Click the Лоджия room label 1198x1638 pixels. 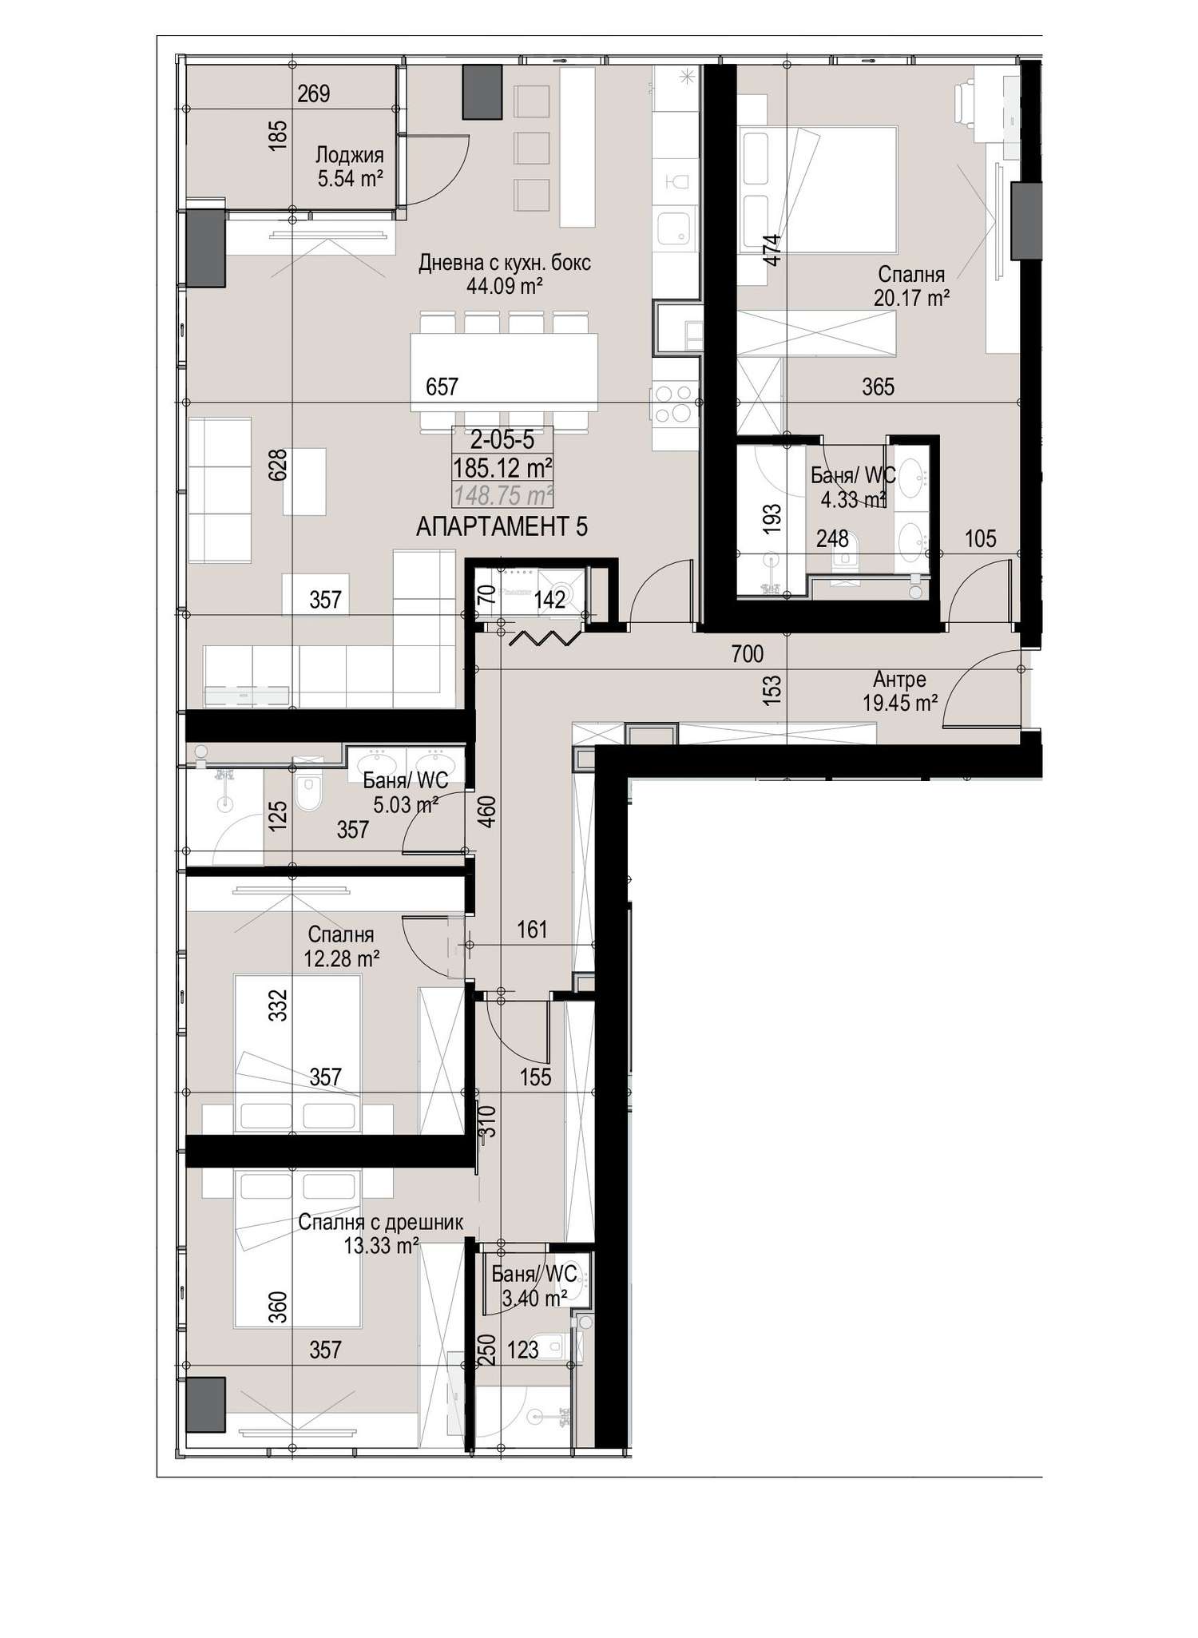tap(350, 155)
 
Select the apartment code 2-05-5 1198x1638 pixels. tap(502, 440)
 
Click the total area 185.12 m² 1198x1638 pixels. tap(503, 466)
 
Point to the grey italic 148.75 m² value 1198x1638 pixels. tap(503, 496)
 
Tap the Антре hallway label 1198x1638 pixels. tap(899, 680)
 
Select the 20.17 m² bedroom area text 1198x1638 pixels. tap(911, 299)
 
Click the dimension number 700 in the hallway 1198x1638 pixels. tap(748, 654)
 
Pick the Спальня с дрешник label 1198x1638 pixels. tap(381, 1223)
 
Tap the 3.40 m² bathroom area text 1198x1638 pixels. tap(534, 1299)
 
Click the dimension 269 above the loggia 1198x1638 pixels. tap(314, 94)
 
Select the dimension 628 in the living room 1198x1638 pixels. tap(277, 466)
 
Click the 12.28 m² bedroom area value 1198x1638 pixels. tap(342, 958)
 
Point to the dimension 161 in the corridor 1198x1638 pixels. tap(533, 929)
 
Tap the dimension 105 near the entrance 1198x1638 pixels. tap(981, 538)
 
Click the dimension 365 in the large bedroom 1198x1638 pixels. tap(879, 387)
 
